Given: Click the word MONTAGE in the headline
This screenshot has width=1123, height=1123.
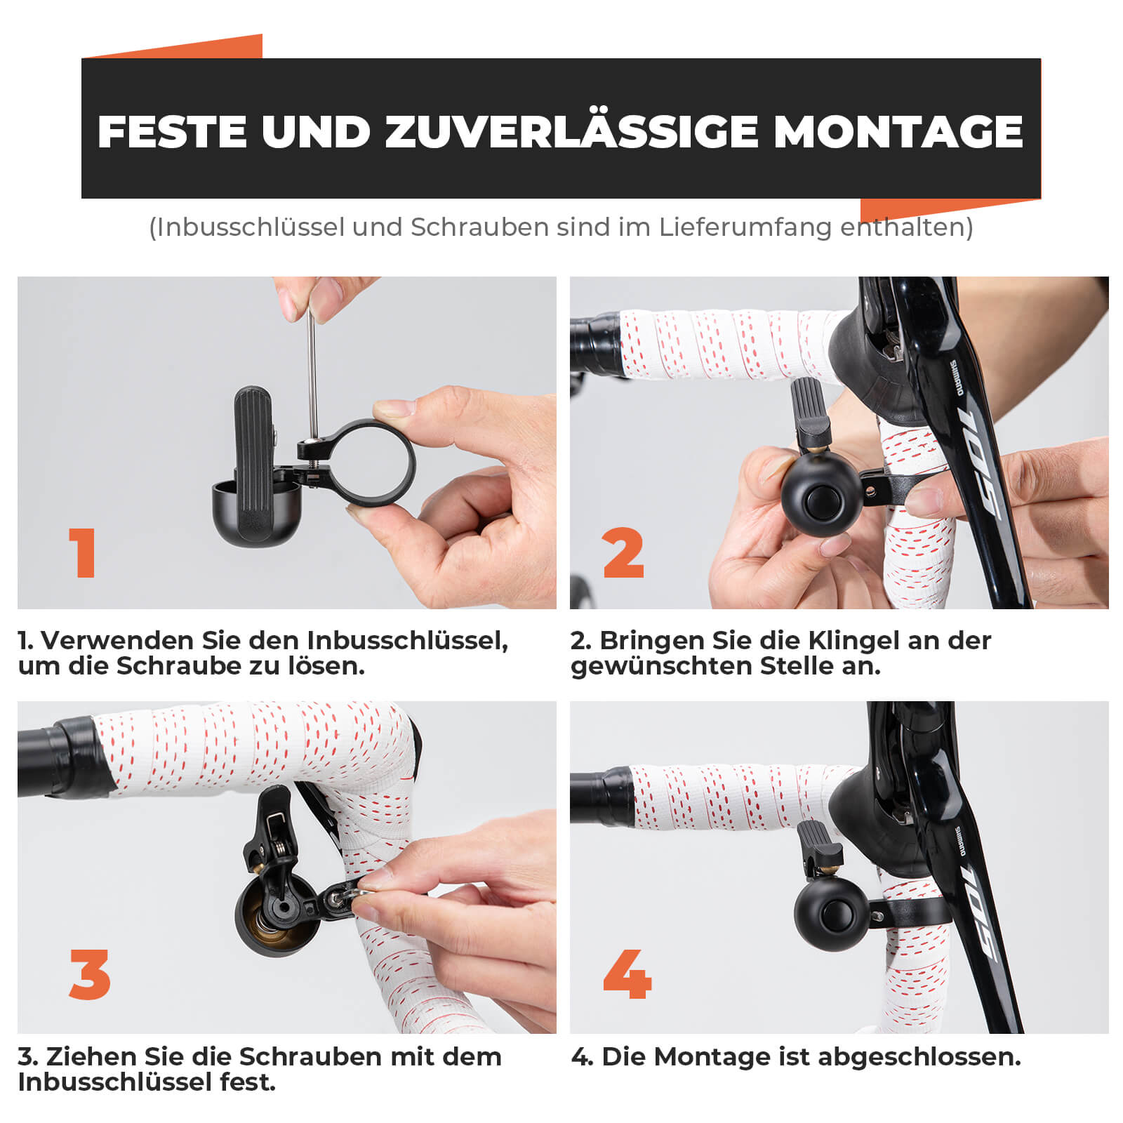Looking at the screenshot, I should pyautogui.click(x=898, y=131).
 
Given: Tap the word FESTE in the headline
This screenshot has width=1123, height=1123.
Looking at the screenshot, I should pyautogui.click(x=172, y=131).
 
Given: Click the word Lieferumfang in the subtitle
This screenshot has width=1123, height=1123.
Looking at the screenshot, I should pyautogui.click(x=743, y=227).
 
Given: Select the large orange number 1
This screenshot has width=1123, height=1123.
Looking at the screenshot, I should pyautogui.click(x=84, y=553).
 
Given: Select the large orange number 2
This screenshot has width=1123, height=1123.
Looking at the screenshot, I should pyautogui.click(x=623, y=553).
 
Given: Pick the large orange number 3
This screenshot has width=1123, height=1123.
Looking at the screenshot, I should pyautogui.click(x=90, y=975).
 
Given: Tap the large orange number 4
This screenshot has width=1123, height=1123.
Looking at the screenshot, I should pyautogui.click(x=627, y=975).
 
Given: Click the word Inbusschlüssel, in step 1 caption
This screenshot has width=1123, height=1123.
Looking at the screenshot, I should pyautogui.click(x=407, y=641).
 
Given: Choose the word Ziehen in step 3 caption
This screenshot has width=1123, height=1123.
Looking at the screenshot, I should pyautogui.click(x=91, y=1057).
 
